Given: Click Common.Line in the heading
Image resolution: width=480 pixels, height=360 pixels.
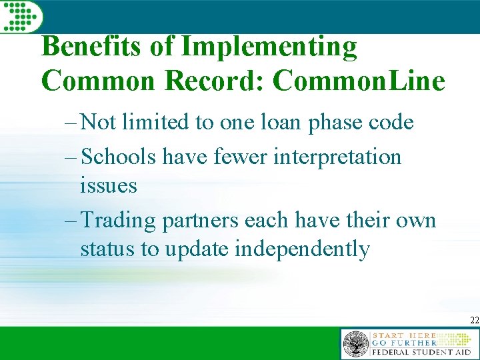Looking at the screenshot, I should [x=359, y=81].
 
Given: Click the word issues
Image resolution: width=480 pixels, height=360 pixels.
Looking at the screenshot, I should [x=108, y=185].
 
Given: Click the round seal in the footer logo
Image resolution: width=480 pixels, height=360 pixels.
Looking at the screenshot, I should [x=355, y=344].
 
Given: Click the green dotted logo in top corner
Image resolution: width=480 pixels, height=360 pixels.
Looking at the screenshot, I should [x=20, y=15].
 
